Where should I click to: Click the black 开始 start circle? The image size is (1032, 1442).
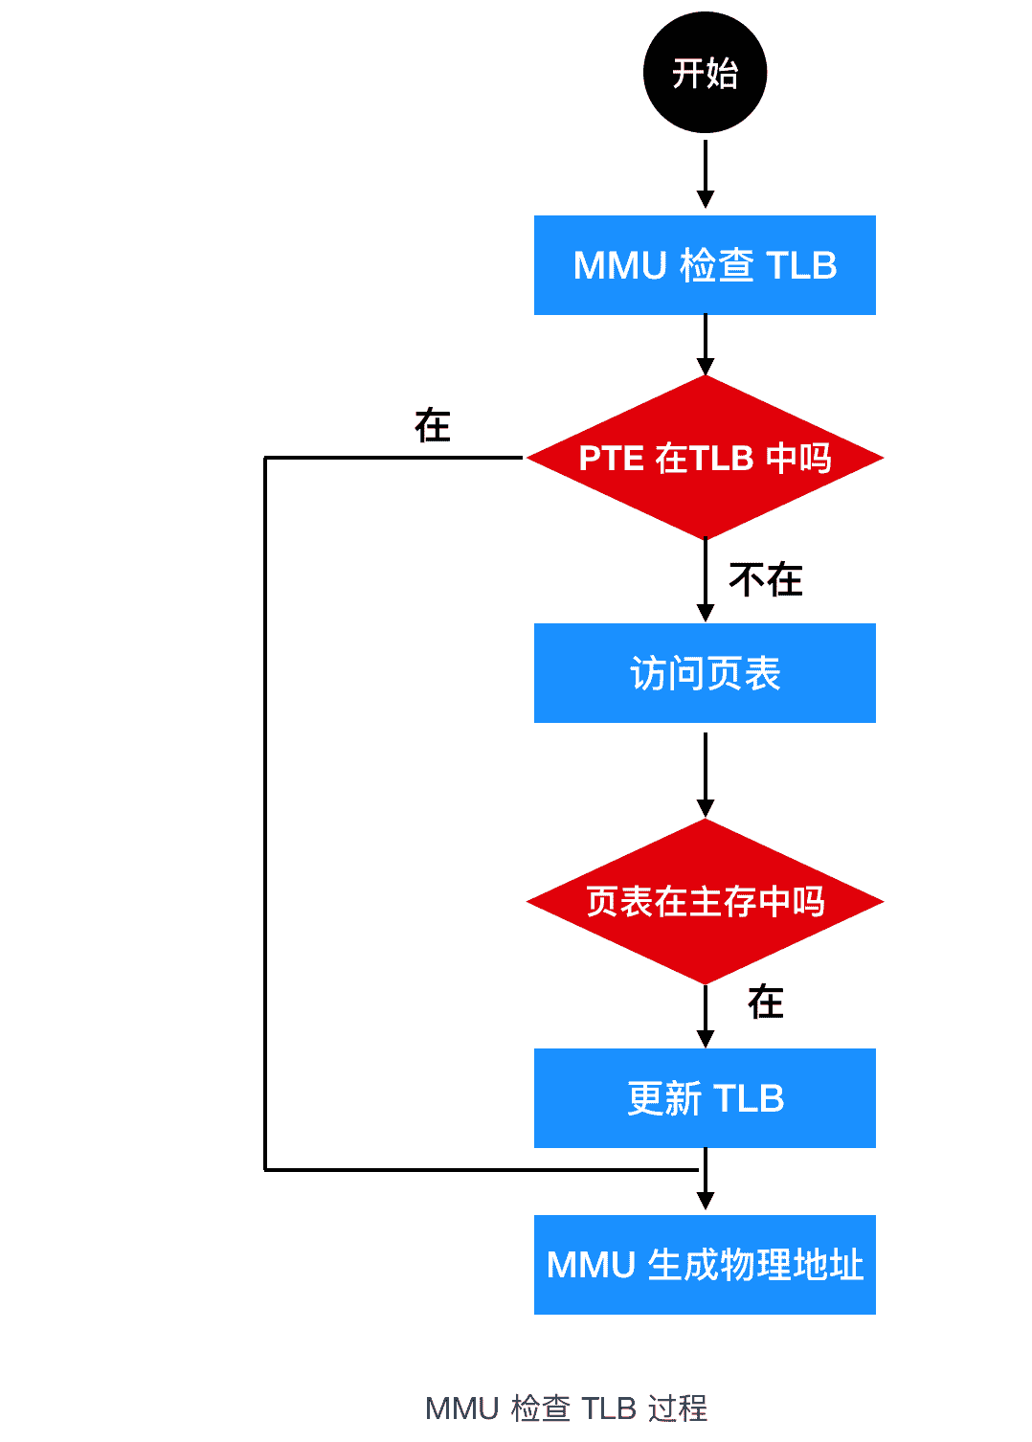tap(705, 73)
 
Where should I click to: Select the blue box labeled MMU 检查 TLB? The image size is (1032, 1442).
tap(705, 265)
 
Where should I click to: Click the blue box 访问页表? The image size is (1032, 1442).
tap(705, 673)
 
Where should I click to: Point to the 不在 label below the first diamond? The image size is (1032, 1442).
tap(765, 580)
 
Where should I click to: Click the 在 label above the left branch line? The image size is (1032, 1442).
tap(433, 426)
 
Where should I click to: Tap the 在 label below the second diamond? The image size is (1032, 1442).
tap(765, 1003)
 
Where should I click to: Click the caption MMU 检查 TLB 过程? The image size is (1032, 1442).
tap(566, 1408)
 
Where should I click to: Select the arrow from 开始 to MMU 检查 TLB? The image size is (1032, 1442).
tap(706, 172)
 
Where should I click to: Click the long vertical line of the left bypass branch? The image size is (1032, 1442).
tap(265, 814)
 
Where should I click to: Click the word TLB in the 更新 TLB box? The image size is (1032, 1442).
tap(749, 1098)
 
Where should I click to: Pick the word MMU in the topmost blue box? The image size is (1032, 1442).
tap(619, 265)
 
